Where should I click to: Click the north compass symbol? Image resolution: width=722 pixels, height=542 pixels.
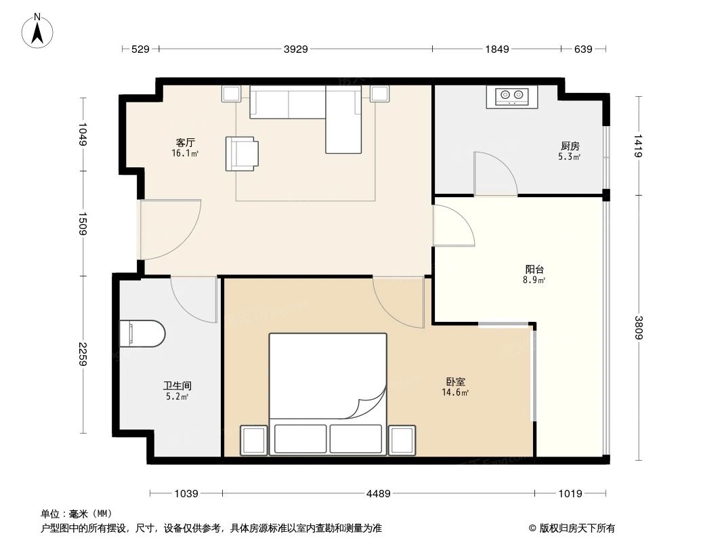(39, 30)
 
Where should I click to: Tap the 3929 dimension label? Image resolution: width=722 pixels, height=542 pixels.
(295, 49)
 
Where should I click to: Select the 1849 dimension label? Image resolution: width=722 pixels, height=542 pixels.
(496, 49)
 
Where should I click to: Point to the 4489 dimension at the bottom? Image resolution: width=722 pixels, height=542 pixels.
(378, 494)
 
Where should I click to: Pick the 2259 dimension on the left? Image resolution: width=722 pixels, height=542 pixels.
(83, 354)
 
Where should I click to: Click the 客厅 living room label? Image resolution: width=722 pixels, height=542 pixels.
(185, 143)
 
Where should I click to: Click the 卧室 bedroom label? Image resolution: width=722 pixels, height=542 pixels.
(455, 381)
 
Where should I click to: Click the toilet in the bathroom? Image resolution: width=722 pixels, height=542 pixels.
(142, 333)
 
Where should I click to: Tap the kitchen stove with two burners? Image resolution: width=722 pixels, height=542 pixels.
(511, 97)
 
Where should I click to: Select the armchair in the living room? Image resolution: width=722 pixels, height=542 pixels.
(241, 153)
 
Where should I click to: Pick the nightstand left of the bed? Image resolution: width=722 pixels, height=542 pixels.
(255, 440)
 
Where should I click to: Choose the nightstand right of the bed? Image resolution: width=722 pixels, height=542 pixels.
(402, 440)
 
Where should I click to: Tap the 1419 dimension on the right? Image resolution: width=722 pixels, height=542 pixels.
(638, 146)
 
